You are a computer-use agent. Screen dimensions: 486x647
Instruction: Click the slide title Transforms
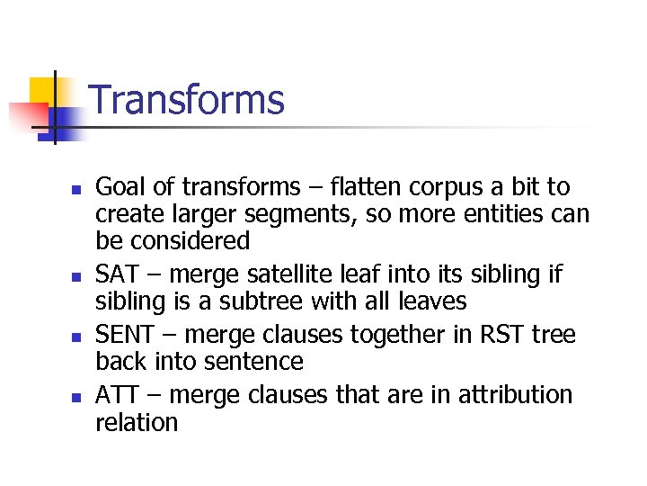tap(187, 100)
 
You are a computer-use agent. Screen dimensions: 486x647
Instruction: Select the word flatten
tap(367, 187)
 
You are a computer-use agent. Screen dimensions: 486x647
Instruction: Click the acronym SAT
tap(120, 273)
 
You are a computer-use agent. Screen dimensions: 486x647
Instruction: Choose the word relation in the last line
tap(137, 421)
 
